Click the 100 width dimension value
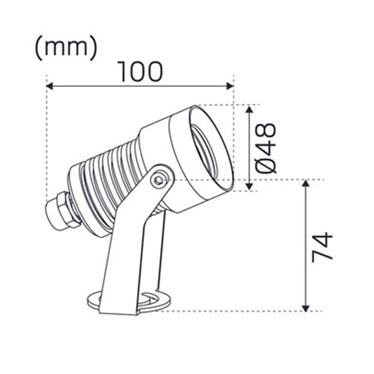139,71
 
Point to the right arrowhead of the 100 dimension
230,86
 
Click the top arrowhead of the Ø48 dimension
251,107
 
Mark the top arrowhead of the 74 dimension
305,184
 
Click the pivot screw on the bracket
159,180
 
